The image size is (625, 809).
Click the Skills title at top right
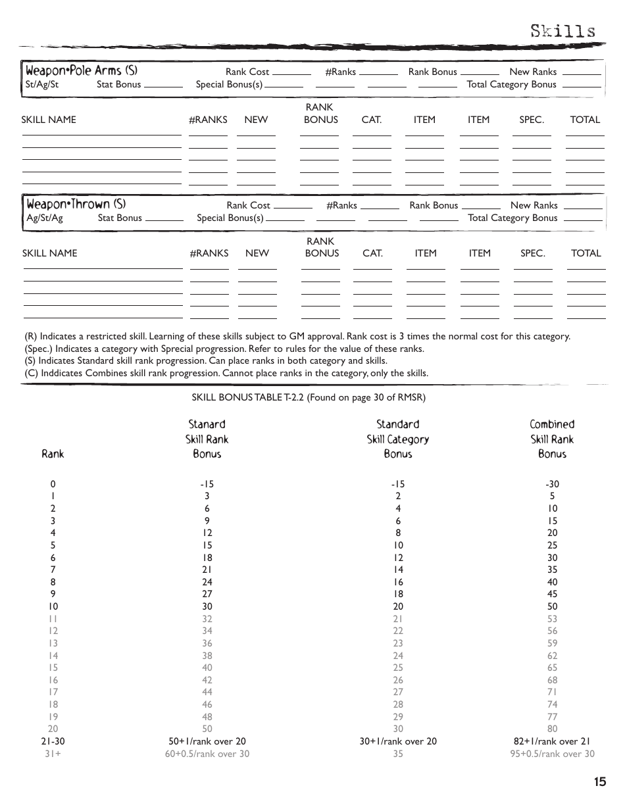(x=563, y=31)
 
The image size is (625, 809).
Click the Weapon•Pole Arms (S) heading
(x=82, y=70)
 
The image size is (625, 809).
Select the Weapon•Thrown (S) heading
(x=76, y=204)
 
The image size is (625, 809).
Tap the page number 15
(x=599, y=782)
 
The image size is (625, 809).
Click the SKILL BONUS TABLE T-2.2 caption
(x=309, y=397)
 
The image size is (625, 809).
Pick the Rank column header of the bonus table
(x=53, y=454)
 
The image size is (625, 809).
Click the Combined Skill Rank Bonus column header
(x=552, y=439)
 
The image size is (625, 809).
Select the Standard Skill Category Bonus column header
(x=397, y=439)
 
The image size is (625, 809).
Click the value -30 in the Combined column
(x=552, y=484)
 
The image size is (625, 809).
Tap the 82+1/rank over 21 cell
(x=552, y=741)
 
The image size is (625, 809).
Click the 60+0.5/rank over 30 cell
(x=207, y=754)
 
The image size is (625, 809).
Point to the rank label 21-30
(x=53, y=741)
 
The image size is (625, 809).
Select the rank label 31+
(x=53, y=754)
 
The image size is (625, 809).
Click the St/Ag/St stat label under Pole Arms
(x=42, y=84)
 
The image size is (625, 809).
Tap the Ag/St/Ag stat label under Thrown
(x=44, y=218)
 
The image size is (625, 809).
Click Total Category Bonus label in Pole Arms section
(x=511, y=84)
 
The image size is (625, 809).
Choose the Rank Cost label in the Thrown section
(x=248, y=205)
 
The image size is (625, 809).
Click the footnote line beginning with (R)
(x=297, y=336)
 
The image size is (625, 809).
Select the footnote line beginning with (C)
(x=226, y=373)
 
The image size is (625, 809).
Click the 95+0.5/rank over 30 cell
(x=552, y=754)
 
